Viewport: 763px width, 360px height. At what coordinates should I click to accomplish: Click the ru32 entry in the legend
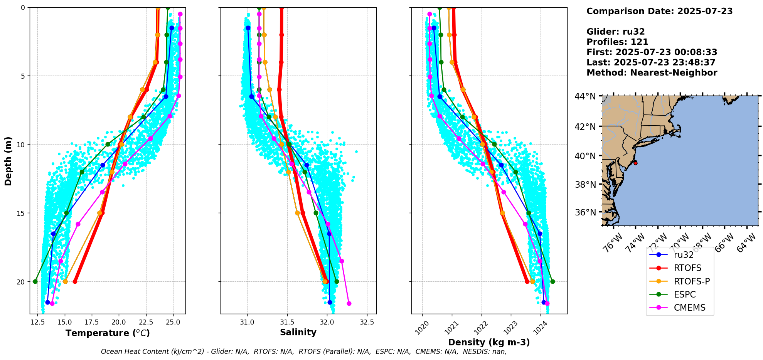pos(684,255)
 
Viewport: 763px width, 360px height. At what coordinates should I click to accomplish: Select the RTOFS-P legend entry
pos(692,281)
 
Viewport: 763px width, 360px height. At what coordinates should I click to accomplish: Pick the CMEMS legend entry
pos(689,308)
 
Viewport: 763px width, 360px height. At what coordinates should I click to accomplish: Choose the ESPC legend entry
pos(685,294)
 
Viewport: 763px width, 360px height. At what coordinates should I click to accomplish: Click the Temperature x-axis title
pos(108,333)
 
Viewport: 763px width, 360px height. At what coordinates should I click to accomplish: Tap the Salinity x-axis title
pos(298,332)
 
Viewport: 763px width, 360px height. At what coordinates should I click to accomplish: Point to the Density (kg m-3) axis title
pos(489,342)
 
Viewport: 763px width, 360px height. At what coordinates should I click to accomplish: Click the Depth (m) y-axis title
pos(8,161)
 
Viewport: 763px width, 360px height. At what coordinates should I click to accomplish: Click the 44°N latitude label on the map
pos(585,96)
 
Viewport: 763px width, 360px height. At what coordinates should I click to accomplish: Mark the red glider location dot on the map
pos(635,163)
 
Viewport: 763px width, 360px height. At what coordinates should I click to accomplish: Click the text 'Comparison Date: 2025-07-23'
pos(659,11)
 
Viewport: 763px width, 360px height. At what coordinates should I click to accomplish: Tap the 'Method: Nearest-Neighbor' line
pos(652,73)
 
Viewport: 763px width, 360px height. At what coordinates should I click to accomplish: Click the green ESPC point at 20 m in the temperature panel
pos(35,281)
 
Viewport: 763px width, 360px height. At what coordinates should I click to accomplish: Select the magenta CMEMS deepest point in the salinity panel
pos(349,303)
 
